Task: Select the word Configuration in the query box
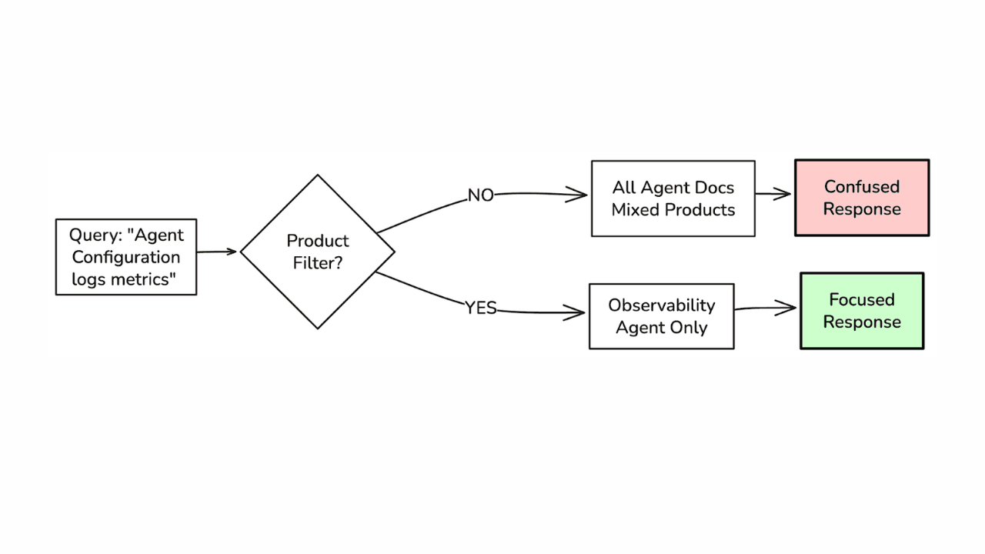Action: click(x=126, y=257)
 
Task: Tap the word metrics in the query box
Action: click(x=144, y=279)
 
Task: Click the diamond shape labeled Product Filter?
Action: click(x=318, y=252)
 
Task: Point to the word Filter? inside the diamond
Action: click(x=318, y=262)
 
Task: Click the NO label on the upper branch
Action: click(x=481, y=196)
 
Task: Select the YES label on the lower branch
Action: click(x=481, y=309)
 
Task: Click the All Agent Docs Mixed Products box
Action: click(x=673, y=199)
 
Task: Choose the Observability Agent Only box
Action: click(x=662, y=316)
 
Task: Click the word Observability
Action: click(x=662, y=305)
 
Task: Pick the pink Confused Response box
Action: click(x=862, y=198)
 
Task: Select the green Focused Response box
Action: click(x=862, y=311)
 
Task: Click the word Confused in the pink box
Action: click(x=862, y=187)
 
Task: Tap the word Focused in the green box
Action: click(x=862, y=300)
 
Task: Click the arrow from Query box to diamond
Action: click(x=217, y=252)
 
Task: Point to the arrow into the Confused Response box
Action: click(x=773, y=195)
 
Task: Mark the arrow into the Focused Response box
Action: click(x=766, y=309)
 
